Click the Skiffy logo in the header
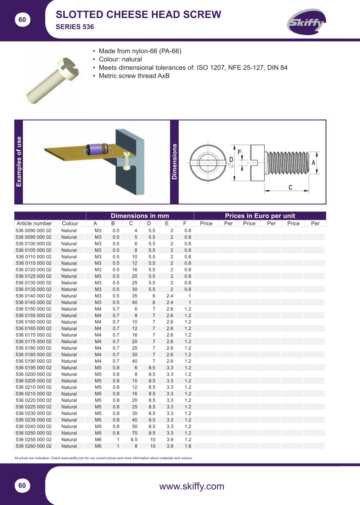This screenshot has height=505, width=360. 306,22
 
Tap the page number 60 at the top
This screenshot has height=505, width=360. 22,20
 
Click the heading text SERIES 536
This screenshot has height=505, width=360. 75,27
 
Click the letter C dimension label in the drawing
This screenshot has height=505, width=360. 291,187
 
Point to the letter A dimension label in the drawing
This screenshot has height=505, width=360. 313,163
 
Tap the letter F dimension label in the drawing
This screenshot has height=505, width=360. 239,152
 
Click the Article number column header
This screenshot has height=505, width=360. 34,224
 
